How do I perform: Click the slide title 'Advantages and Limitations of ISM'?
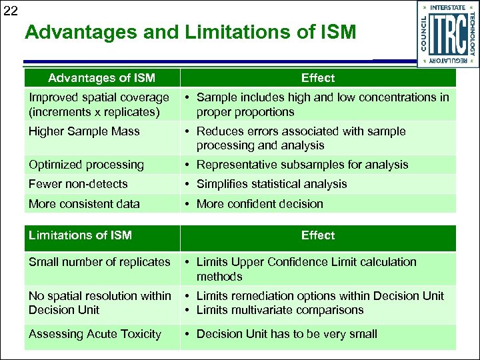[191, 32]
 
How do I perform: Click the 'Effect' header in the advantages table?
[318, 78]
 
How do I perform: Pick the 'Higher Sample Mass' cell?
[84, 131]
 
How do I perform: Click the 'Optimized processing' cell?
[86, 165]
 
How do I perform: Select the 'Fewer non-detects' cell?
[78, 184]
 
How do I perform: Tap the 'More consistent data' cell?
[84, 204]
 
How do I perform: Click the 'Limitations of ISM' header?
[80, 235]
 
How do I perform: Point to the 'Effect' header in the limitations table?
[318, 235]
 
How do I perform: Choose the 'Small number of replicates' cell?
[99, 262]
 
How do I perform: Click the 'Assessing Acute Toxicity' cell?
[95, 334]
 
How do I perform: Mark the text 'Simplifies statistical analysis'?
[271, 184]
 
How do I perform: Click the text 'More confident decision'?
[259, 204]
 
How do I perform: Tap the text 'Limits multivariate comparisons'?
[280, 310]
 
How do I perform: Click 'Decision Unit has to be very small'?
[287, 334]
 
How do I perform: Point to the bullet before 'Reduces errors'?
[189, 131]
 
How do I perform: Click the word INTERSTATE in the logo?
[448, 7]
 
